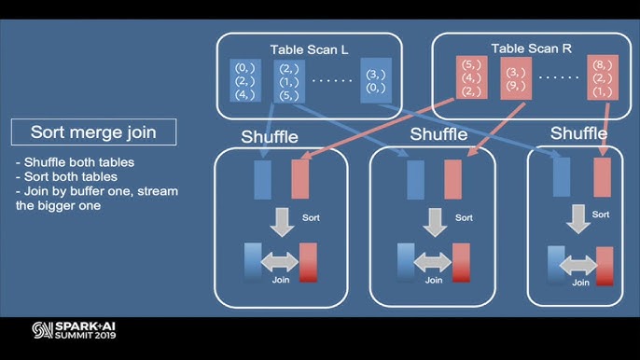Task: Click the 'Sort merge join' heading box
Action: [93, 132]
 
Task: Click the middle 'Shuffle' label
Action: [439, 135]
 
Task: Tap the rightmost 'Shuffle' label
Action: [578, 134]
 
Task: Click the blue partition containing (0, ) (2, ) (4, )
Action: [243, 80]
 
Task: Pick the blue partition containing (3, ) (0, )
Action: [376, 80]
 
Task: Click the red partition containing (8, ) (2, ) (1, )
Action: [602, 78]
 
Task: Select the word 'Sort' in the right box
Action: [601, 215]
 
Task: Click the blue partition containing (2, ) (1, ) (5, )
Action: [289, 80]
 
